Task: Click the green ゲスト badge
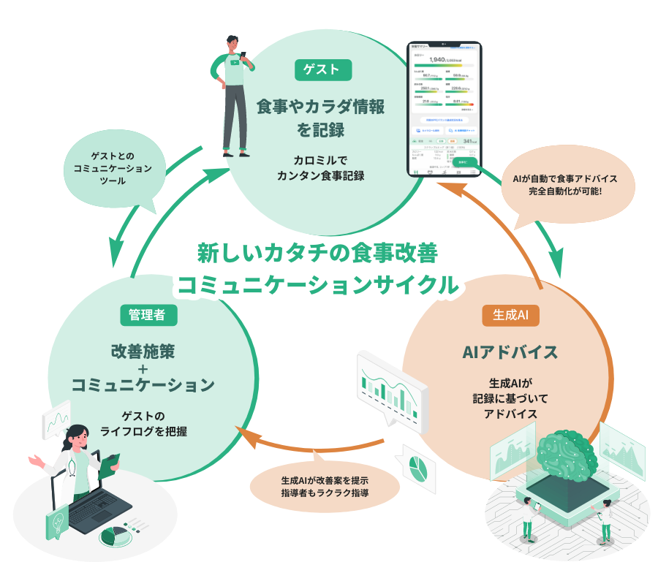pyautogui.click(x=323, y=70)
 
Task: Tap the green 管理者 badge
pyautogui.click(x=148, y=315)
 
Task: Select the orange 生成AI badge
pyautogui.click(x=510, y=315)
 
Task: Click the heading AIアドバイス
pyautogui.click(x=510, y=352)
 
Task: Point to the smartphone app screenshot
pyautogui.click(x=445, y=110)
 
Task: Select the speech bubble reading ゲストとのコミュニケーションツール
pyautogui.click(x=112, y=169)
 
